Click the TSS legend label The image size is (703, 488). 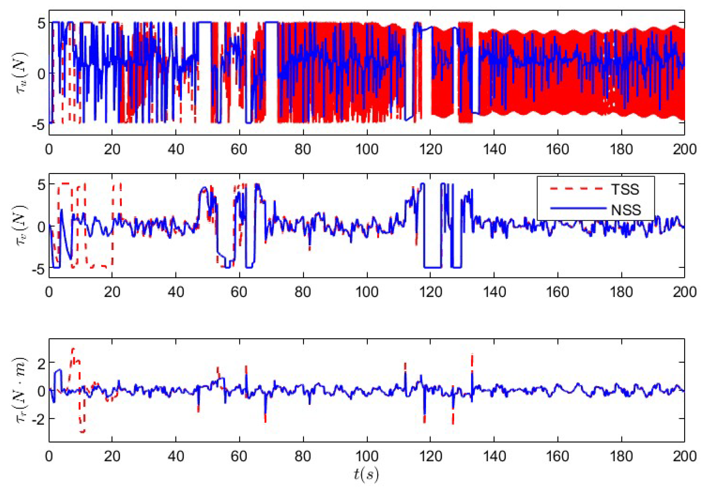[x=625, y=189]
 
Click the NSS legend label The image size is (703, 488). [x=626, y=210]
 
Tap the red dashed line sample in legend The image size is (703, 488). [x=576, y=189]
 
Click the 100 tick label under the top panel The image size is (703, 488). [x=367, y=149]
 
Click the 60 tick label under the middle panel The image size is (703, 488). [x=239, y=292]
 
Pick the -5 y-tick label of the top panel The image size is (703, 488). [x=37, y=125]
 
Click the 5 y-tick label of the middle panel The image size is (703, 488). [x=41, y=185]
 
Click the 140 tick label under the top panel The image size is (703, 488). [x=494, y=149]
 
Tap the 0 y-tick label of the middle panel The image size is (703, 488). [x=41, y=227]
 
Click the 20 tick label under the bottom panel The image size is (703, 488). [x=112, y=456]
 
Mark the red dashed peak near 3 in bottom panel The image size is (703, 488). [x=73, y=349]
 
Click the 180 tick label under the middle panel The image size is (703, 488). [x=621, y=292]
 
